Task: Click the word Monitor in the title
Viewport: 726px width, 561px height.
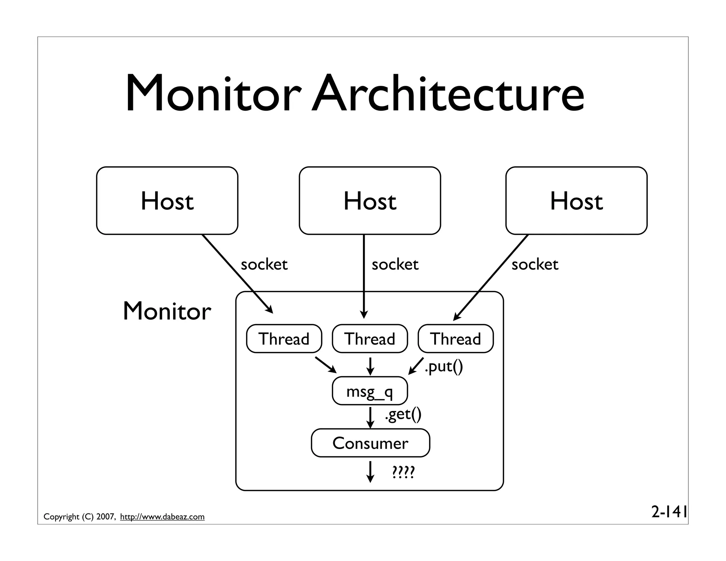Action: (x=213, y=94)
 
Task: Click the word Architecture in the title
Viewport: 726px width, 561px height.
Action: (x=448, y=94)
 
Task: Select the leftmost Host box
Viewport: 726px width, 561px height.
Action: (x=167, y=201)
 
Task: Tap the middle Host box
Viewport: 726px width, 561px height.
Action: (x=370, y=201)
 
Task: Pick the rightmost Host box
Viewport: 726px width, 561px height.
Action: (x=576, y=201)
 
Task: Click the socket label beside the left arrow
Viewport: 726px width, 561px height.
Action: (x=264, y=265)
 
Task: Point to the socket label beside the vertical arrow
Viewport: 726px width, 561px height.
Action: (x=395, y=265)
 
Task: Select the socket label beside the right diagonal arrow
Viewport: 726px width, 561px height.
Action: (x=535, y=265)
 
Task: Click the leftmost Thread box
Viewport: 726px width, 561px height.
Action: (x=284, y=339)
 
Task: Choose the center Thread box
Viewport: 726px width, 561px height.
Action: (x=370, y=339)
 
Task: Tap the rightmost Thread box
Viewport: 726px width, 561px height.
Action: (x=456, y=339)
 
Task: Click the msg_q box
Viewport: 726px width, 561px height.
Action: (x=370, y=391)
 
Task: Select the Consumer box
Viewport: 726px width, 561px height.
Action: (x=370, y=443)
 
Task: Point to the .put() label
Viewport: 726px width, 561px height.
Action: (x=444, y=367)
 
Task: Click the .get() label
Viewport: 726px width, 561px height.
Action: (x=403, y=414)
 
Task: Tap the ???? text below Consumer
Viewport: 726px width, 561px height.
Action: (x=403, y=472)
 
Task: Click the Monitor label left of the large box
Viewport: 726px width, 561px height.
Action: (x=167, y=311)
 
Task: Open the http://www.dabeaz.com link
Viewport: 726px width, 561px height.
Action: (x=162, y=517)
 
